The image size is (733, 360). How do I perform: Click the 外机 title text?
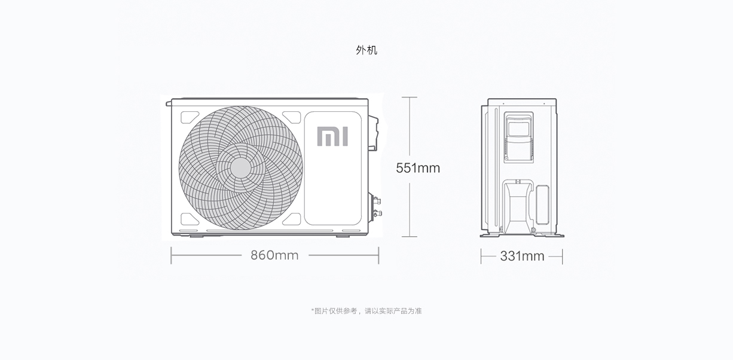(x=366, y=50)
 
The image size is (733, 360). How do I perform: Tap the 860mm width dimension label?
(x=274, y=255)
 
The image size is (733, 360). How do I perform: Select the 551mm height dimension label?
(x=418, y=168)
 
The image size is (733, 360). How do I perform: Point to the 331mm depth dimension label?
(x=522, y=256)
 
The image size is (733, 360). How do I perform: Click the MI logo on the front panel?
(x=332, y=136)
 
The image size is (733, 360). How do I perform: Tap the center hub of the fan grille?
(x=240, y=168)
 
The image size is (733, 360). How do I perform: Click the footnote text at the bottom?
(x=366, y=311)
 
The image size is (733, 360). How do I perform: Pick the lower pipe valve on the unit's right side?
(x=377, y=213)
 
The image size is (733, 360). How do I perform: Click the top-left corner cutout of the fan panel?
(x=189, y=117)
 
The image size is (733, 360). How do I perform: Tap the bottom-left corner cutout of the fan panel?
(x=189, y=219)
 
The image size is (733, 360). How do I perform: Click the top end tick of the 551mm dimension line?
(x=410, y=97)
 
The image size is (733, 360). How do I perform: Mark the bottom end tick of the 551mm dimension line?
(x=410, y=236)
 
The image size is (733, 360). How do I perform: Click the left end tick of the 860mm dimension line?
(x=171, y=255)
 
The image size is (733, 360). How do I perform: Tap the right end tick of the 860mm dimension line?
(x=378, y=255)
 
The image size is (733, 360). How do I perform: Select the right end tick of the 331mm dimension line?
(x=563, y=257)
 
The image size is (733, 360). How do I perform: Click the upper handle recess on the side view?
(x=519, y=137)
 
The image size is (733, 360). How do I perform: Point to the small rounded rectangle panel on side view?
(x=542, y=205)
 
